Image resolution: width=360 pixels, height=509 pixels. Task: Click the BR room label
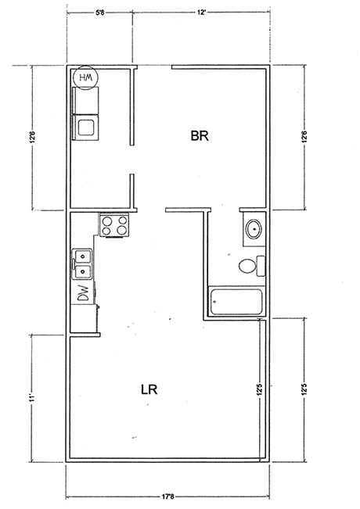tap(200, 136)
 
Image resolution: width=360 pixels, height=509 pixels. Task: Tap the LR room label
tap(149, 389)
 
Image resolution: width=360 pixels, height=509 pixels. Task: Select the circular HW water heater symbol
tap(85, 77)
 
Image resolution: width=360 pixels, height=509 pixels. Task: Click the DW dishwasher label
tap(83, 292)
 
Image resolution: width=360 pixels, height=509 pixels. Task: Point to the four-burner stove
tap(114, 225)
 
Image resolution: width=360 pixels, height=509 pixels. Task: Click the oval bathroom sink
tap(254, 229)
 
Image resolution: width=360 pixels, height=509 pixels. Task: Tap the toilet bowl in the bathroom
tap(247, 266)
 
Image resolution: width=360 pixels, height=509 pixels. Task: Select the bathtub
tap(236, 302)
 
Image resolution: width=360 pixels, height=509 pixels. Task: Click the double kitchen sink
tap(82, 264)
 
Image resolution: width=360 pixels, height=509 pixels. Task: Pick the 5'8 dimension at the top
tap(99, 13)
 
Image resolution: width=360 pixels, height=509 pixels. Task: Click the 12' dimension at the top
tap(201, 13)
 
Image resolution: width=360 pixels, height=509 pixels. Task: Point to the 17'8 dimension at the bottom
tap(167, 496)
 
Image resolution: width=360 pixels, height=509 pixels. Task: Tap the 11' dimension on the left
tap(31, 399)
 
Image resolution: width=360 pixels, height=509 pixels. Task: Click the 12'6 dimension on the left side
tap(32, 136)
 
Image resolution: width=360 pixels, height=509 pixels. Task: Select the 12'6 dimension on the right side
tap(304, 136)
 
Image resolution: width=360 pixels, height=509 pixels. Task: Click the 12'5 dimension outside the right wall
tap(304, 389)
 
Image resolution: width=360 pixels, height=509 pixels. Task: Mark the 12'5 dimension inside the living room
tap(260, 389)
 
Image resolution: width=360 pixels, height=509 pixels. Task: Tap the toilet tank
tap(261, 266)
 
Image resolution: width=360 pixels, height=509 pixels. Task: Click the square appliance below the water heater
tap(86, 127)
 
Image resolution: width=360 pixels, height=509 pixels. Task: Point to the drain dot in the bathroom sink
tap(254, 229)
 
